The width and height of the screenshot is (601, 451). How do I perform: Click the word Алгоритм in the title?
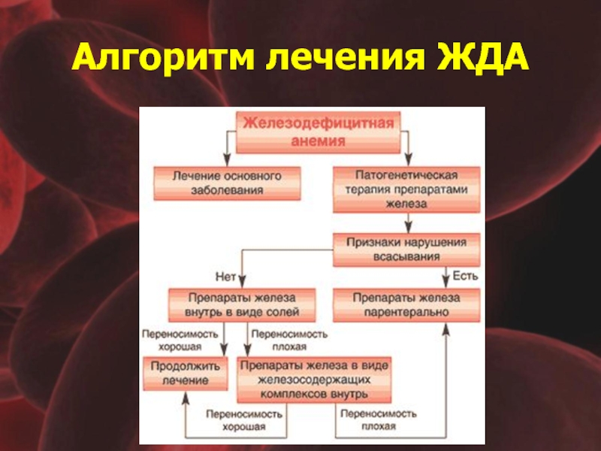163,58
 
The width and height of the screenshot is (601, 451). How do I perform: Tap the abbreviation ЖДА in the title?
483,58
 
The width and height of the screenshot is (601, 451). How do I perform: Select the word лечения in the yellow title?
346,58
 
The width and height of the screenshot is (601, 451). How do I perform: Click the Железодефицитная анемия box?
318,132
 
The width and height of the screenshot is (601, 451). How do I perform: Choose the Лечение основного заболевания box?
227,183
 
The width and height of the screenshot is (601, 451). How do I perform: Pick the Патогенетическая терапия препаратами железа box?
406,189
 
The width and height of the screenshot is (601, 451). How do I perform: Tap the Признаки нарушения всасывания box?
406,250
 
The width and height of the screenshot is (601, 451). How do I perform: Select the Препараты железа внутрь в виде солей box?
242,305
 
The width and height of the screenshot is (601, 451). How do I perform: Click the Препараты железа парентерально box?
406,305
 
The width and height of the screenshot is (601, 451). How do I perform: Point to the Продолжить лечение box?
186,374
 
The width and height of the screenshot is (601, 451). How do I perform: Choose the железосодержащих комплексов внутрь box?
314,380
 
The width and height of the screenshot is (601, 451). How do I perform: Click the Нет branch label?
225,277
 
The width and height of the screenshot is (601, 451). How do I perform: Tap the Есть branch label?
465,276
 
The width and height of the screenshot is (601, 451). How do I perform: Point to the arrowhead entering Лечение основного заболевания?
227,160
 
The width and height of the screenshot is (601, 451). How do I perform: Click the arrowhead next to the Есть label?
445,282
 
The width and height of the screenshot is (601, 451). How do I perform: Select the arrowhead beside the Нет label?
242,282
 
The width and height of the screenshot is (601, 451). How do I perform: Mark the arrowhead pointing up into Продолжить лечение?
186,398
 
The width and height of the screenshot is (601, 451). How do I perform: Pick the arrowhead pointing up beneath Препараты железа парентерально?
445,329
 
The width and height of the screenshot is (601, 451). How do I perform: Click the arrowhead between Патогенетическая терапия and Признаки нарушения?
408,227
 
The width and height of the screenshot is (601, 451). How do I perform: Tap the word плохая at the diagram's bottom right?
379,426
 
